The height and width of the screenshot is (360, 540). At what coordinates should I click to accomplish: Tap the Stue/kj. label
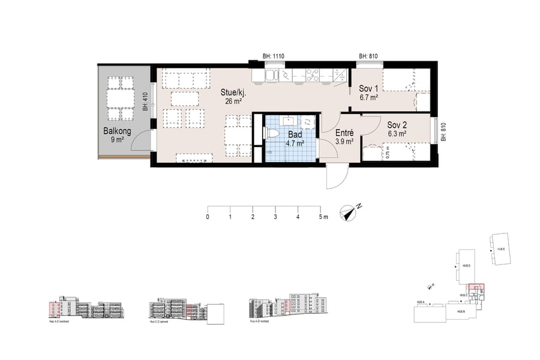(x=234, y=93)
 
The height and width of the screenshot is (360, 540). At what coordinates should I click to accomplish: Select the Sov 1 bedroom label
(x=369, y=88)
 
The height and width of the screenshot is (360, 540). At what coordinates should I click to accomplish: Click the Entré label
(x=344, y=133)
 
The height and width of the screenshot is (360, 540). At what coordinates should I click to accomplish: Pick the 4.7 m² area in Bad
(x=295, y=143)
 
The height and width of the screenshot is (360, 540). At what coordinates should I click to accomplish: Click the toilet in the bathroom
(x=272, y=133)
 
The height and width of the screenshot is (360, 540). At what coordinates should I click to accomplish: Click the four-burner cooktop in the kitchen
(x=313, y=75)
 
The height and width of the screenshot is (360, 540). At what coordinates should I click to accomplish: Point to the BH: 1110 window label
(x=274, y=56)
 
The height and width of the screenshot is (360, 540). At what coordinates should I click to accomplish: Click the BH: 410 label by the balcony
(x=145, y=103)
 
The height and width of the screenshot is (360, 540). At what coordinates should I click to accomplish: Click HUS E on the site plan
(x=499, y=249)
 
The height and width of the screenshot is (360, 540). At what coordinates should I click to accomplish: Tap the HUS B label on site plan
(x=460, y=312)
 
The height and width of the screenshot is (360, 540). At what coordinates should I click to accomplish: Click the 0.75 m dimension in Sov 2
(x=388, y=152)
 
